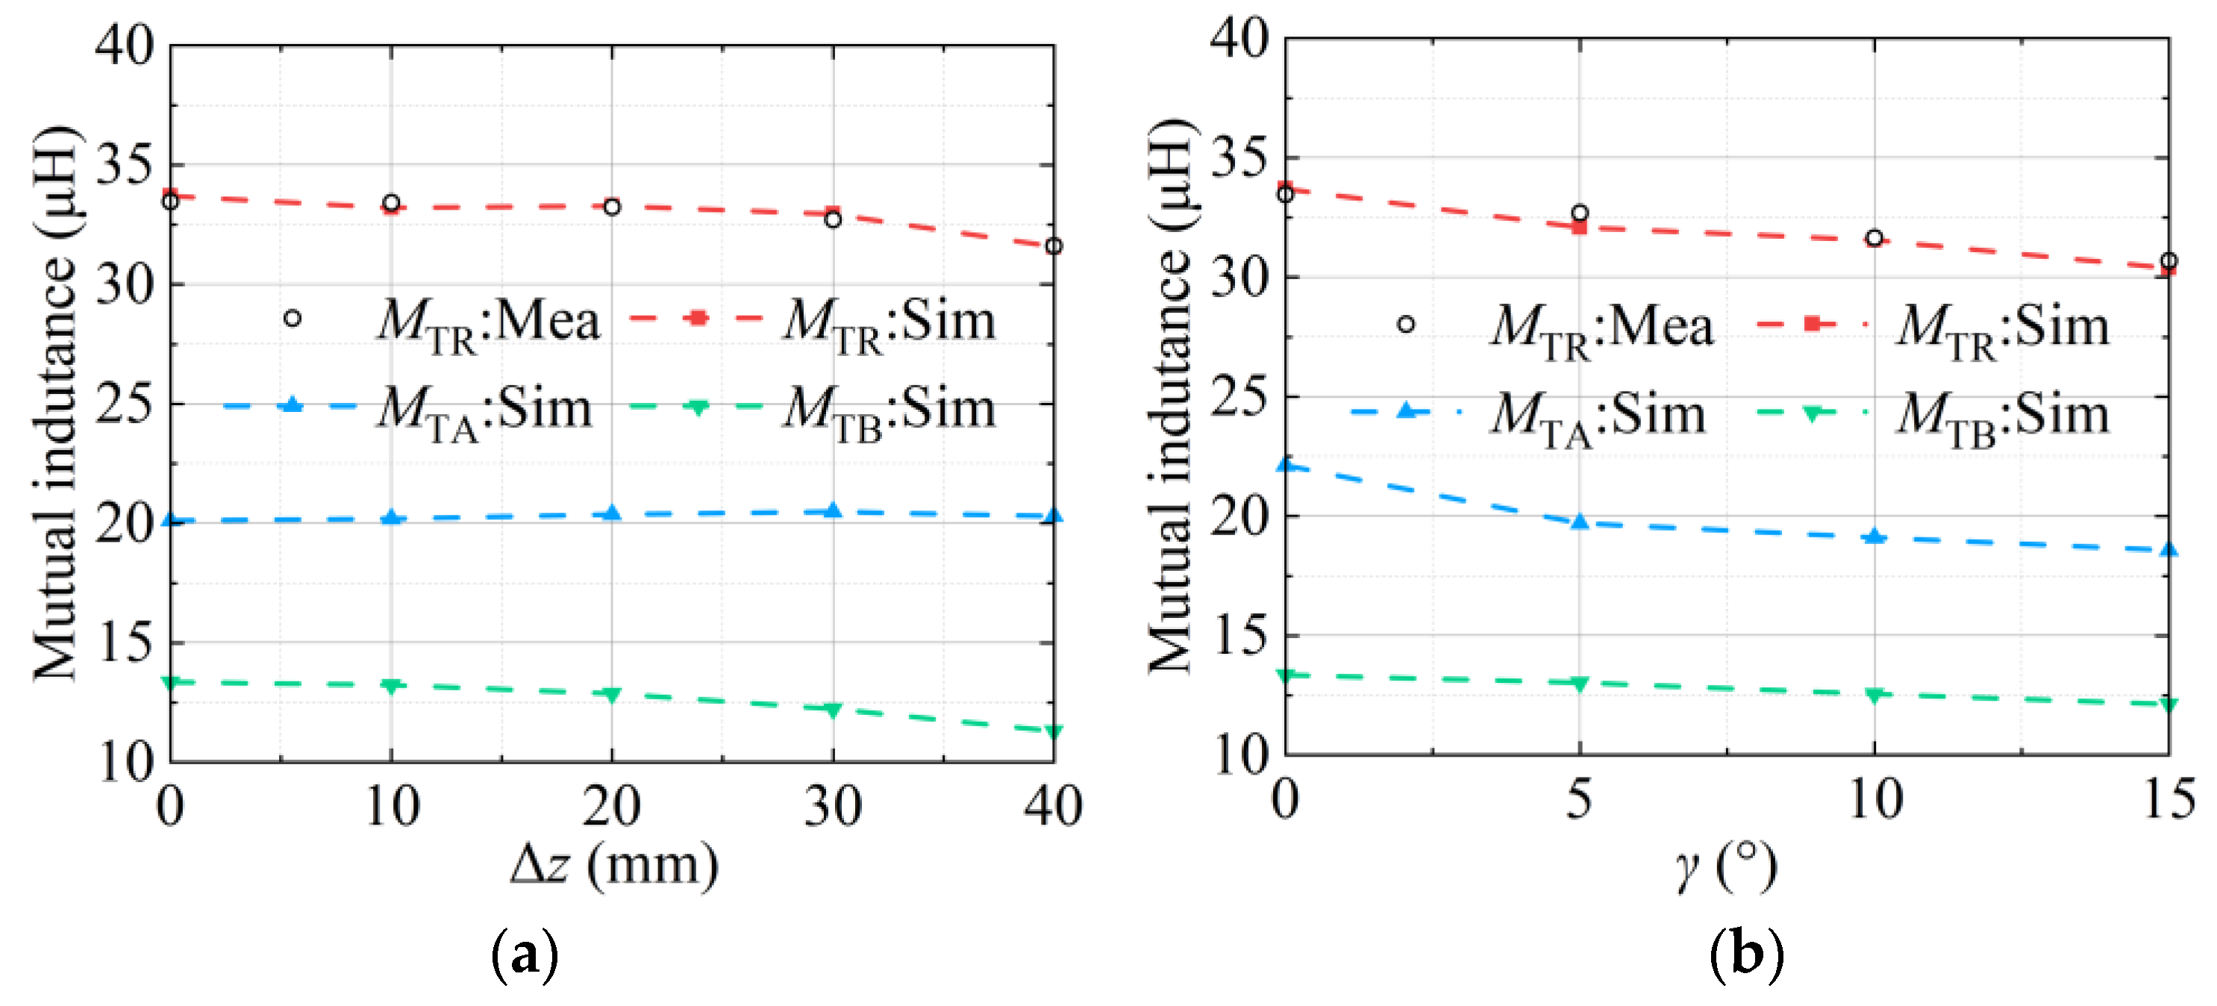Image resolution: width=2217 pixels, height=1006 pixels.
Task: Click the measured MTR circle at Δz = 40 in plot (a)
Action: point(1054,246)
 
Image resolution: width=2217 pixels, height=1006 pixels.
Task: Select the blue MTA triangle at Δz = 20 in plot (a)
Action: point(612,513)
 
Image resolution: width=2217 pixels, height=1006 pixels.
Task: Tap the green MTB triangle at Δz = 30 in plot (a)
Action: point(832,710)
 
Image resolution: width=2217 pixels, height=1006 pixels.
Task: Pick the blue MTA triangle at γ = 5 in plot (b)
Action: point(1579,522)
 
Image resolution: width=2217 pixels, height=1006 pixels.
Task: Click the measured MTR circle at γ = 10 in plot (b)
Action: point(1874,238)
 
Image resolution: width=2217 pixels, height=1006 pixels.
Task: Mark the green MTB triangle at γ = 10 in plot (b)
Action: point(1874,695)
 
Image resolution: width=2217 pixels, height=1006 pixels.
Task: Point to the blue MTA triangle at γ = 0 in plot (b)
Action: point(1286,465)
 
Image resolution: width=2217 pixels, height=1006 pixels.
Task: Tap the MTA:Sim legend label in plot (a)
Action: point(485,412)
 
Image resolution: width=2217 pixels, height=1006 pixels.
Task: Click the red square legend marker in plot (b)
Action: point(1812,324)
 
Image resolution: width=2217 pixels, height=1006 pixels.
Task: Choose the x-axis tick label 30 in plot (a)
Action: point(832,807)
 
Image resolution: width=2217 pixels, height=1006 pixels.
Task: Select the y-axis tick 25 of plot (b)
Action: point(1239,397)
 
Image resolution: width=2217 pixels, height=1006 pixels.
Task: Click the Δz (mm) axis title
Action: point(613,865)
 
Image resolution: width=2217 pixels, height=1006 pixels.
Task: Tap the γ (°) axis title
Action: point(1724,867)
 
